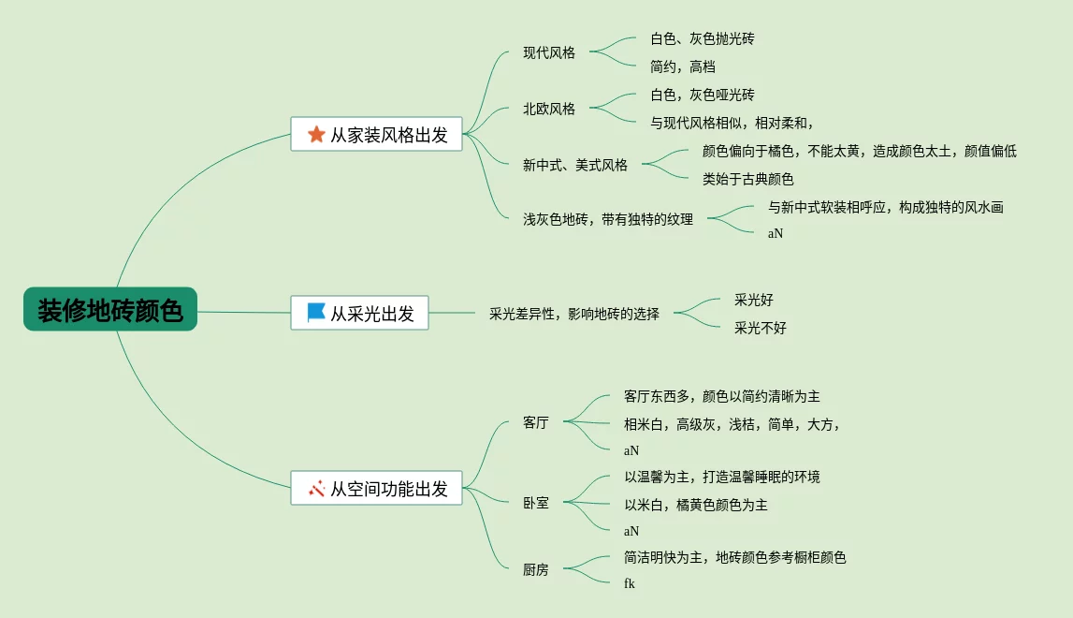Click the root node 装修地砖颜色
[110, 310]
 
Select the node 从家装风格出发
[376, 135]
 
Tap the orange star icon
[316, 135]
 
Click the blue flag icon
[316, 313]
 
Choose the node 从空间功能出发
[376, 488]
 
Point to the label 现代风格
[549, 52]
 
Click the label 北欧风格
[549, 109]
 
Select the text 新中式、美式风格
[575, 165]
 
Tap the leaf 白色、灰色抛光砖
[703, 38]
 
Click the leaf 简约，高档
[683, 66]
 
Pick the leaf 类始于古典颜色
[748, 179]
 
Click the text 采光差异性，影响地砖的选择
[574, 314]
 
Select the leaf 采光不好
[761, 328]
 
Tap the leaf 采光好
[754, 300]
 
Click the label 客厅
[536, 422]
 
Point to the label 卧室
[536, 503]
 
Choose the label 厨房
[536, 569]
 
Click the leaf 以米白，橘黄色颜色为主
[696, 505]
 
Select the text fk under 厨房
[630, 583]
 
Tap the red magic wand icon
[316, 488]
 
